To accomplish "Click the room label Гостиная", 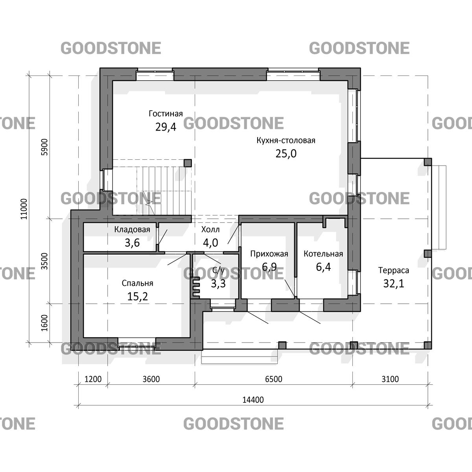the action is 166,114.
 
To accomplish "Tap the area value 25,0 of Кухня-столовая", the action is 286,153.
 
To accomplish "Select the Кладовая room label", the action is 132,229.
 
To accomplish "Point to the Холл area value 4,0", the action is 210,243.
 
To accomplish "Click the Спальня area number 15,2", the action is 137,297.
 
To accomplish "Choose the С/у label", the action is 218,270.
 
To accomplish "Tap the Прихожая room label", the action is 269,254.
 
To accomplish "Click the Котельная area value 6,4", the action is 323,267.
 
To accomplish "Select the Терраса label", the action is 394,270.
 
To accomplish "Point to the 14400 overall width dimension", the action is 253,400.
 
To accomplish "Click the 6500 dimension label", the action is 274,379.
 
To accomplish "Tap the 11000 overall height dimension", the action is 24,209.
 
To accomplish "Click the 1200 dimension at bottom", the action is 93,379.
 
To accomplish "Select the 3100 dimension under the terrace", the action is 390,379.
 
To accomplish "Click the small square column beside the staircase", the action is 188,163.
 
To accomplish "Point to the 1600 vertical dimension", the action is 44,323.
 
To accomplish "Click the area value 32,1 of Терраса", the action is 394,284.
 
